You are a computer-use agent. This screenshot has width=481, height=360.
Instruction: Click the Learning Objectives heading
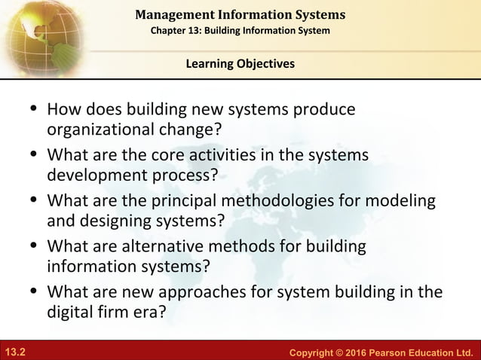240,64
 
